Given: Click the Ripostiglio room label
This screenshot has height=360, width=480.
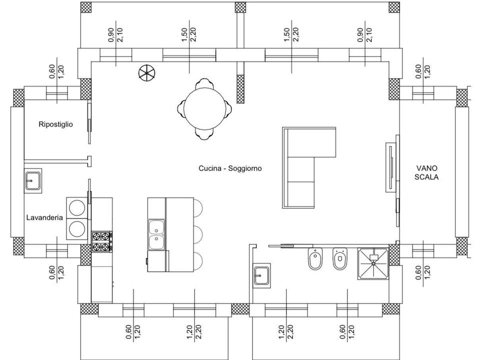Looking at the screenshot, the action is click(x=55, y=124).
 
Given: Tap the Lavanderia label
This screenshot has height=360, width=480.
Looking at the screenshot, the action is click(x=44, y=217).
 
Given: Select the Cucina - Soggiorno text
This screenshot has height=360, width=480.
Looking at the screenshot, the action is click(x=230, y=168).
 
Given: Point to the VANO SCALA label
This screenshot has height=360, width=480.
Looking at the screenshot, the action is click(x=426, y=172).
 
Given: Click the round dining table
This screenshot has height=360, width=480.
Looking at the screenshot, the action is click(x=204, y=108).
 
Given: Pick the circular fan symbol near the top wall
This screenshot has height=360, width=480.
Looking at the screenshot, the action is click(x=146, y=73).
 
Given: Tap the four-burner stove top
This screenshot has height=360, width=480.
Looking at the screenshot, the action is click(x=101, y=242).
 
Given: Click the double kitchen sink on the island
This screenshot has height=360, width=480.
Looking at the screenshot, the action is click(x=156, y=234).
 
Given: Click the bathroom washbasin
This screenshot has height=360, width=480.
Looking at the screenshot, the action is click(x=261, y=275).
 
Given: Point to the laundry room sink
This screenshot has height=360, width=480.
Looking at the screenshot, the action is click(x=33, y=180).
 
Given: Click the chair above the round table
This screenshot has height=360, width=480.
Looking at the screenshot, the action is click(x=204, y=83).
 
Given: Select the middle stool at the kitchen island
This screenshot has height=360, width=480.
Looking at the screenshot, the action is click(x=198, y=235).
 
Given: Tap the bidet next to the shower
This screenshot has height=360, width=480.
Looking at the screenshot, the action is click(x=340, y=259).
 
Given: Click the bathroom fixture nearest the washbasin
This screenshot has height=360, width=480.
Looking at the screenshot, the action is click(x=315, y=259).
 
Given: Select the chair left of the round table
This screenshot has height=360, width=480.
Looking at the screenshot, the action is click(x=181, y=108).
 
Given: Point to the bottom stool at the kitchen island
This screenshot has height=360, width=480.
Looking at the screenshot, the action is click(x=198, y=261).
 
